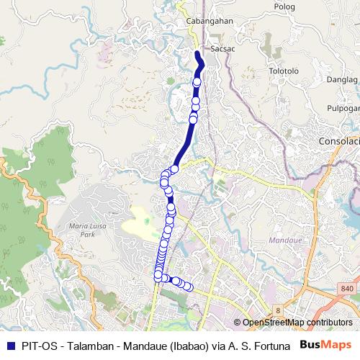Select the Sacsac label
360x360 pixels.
(221, 49)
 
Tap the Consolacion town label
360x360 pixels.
(339, 141)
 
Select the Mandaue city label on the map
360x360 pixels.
(279, 238)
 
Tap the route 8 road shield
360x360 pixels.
(277, 310)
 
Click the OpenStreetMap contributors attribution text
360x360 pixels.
(297, 323)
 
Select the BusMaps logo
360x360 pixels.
(328, 345)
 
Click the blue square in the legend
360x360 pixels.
(9, 346)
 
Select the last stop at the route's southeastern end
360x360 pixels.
(189, 287)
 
